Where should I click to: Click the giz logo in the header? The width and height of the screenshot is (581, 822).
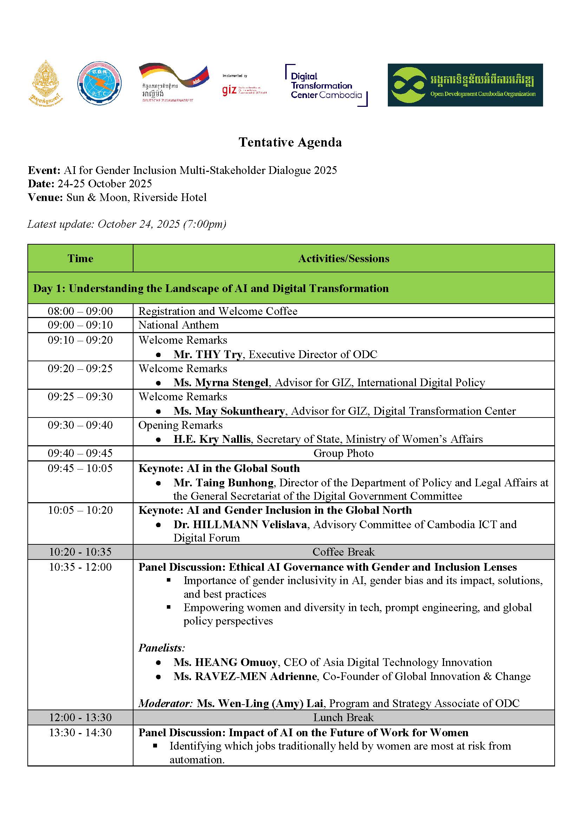(229, 90)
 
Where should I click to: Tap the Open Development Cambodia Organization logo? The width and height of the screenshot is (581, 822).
(465, 85)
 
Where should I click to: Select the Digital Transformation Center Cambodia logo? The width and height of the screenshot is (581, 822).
(326, 85)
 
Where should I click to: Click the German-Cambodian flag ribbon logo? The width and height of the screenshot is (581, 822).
(174, 82)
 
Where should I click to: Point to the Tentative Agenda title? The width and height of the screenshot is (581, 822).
(290, 142)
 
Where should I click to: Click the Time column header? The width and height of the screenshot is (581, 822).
(80, 259)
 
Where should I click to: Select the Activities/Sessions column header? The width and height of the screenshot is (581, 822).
(344, 259)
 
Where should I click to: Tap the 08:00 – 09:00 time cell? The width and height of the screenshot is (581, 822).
(80, 311)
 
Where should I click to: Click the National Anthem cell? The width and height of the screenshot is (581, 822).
(178, 325)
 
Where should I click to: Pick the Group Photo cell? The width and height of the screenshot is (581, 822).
(344, 453)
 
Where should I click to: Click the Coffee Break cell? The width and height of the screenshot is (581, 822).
(344, 552)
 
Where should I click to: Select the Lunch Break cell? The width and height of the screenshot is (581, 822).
(344, 718)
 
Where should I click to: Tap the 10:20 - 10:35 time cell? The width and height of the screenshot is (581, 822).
(80, 552)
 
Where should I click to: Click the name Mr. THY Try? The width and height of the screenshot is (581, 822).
(208, 355)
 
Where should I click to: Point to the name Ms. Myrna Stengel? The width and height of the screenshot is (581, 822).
(221, 383)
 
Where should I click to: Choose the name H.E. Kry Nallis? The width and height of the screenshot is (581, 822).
(212, 439)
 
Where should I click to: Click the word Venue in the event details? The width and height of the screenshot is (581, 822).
(45, 198)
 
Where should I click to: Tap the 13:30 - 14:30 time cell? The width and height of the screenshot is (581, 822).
(80, 732)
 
